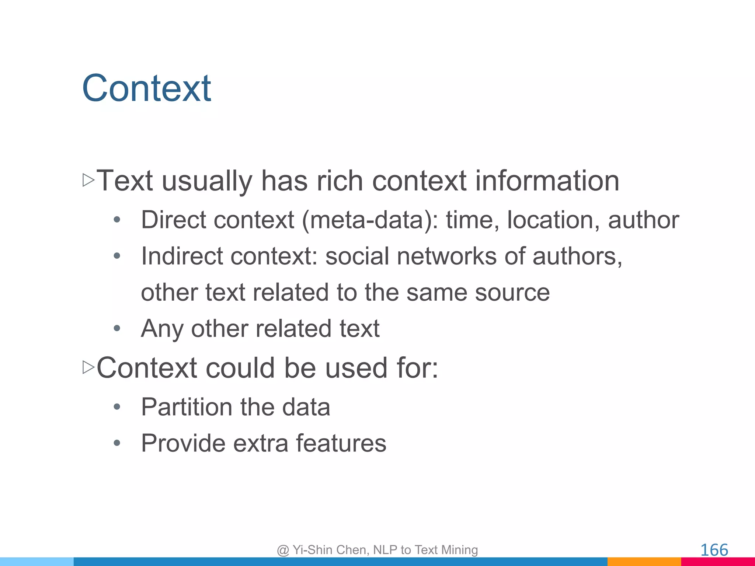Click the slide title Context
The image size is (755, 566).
click(146, 88)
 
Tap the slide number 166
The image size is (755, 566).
click(714, 550)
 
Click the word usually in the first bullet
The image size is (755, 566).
click(207, 181)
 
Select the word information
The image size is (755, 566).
click(547, 181)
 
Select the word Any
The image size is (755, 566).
click(162, 328)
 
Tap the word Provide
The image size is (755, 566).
click(183, 443)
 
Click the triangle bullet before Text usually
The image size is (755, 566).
click(88, 180)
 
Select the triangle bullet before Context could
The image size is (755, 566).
click(88, 367)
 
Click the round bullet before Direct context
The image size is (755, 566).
click(117, 220)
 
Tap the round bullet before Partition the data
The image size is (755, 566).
click(117, 407)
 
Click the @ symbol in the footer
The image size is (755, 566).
click(283, 550)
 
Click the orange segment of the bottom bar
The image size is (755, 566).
click(644, 562)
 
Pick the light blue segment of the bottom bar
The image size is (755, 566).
click(37, 562)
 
